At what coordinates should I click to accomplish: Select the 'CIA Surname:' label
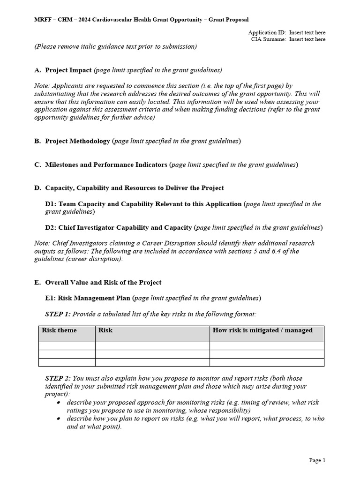[268, 39]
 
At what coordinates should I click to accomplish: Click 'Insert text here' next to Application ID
[307, 33]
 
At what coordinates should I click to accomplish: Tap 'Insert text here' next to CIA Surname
[307, 39]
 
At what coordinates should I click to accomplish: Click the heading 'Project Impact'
[68, 70]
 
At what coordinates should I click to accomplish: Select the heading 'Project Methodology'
[78, 141]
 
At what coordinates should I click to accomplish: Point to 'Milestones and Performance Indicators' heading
[106, 165]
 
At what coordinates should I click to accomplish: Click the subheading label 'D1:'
[51, 204]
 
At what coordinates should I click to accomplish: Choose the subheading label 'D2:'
[51, 227]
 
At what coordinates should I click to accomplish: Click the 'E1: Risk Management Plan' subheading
[88, 298]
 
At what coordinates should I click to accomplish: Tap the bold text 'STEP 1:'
[58, 314]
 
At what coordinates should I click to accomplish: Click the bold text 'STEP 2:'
[58, 378]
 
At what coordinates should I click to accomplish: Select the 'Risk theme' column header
[59, 330]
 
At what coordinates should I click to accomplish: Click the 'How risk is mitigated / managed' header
[262, 330]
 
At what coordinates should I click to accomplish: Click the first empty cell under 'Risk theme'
[67, 346]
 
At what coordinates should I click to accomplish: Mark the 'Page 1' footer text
[317, 460]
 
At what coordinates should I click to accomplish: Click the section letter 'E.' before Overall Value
[37, 283]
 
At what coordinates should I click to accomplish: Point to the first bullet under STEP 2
[58, 403]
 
